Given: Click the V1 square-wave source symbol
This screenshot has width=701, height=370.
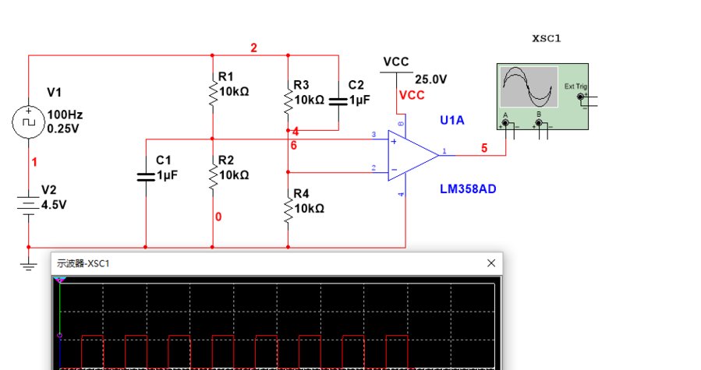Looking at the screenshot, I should pyautogui.click(x=28, y=122).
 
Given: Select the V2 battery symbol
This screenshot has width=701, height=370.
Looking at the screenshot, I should pyautogui.click(x=28, y=205).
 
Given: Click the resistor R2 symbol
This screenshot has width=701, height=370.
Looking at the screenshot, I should pyautogui.click(x=212, y=176).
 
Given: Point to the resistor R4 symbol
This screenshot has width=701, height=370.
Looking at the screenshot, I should pyautogui.click(x=289, y=207).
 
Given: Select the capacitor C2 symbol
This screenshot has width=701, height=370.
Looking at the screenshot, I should pyautogui.click(x=338, y=100).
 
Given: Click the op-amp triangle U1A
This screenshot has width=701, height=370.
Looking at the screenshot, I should pyautogui.click(x=411, y=154).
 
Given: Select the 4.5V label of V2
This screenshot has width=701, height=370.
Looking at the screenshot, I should pyautogui.click(x=55, y=205).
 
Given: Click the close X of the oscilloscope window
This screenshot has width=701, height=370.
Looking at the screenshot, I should pyautogui.click(x=491, y=264).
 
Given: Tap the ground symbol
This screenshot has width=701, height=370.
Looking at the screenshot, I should pyautogui.click(x=28, y=266).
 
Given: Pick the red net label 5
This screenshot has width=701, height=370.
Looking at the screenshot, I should pyautogui.click(x=484, y=147).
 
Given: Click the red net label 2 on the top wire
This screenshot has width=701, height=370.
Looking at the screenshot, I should pyautogui.click(x=253, y=48).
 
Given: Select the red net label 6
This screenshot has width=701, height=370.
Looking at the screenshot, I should pyautogui.click(x=294, y=146).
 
